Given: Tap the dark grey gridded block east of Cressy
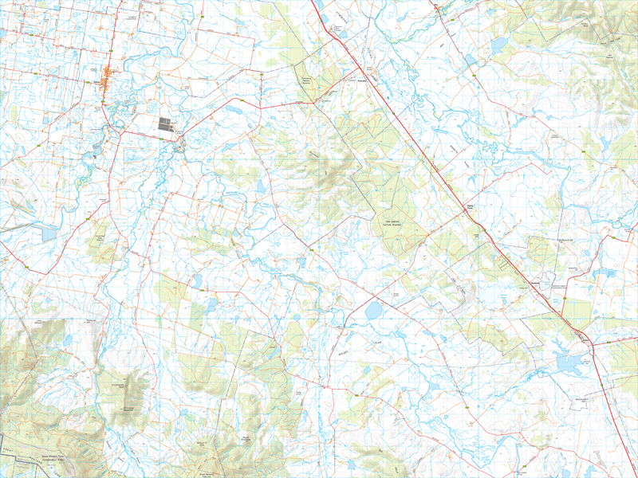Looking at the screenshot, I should click(165, 123).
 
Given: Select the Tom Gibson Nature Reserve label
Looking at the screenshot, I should click(392, 224).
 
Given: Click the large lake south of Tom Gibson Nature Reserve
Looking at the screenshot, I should click(373, 310).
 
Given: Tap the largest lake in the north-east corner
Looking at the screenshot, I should click(499, 46).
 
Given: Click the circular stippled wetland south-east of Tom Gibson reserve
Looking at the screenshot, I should click(504, 299).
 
